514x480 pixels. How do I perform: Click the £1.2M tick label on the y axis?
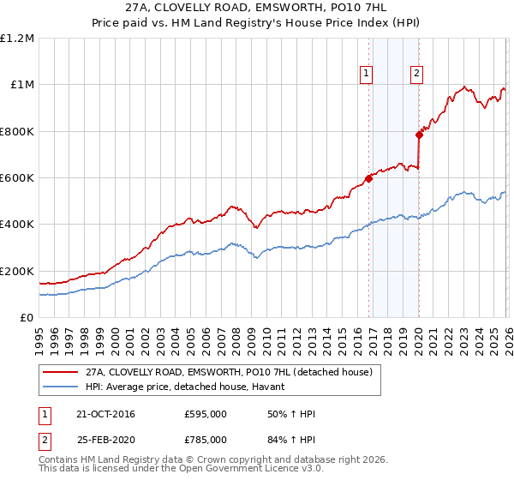[x=17, y=38]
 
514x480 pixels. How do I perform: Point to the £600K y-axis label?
[x=17, y=178]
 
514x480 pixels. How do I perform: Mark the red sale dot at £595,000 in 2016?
[x=368, y=178]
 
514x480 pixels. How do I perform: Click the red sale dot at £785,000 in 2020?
[x=419, y=135]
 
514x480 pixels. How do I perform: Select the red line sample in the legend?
[x=60, y=373]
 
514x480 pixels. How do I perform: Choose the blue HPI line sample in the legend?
[x=60, y=387]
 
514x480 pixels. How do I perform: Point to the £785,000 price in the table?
[x=206, y=440]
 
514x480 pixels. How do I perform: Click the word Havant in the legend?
[x=262, y=387]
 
